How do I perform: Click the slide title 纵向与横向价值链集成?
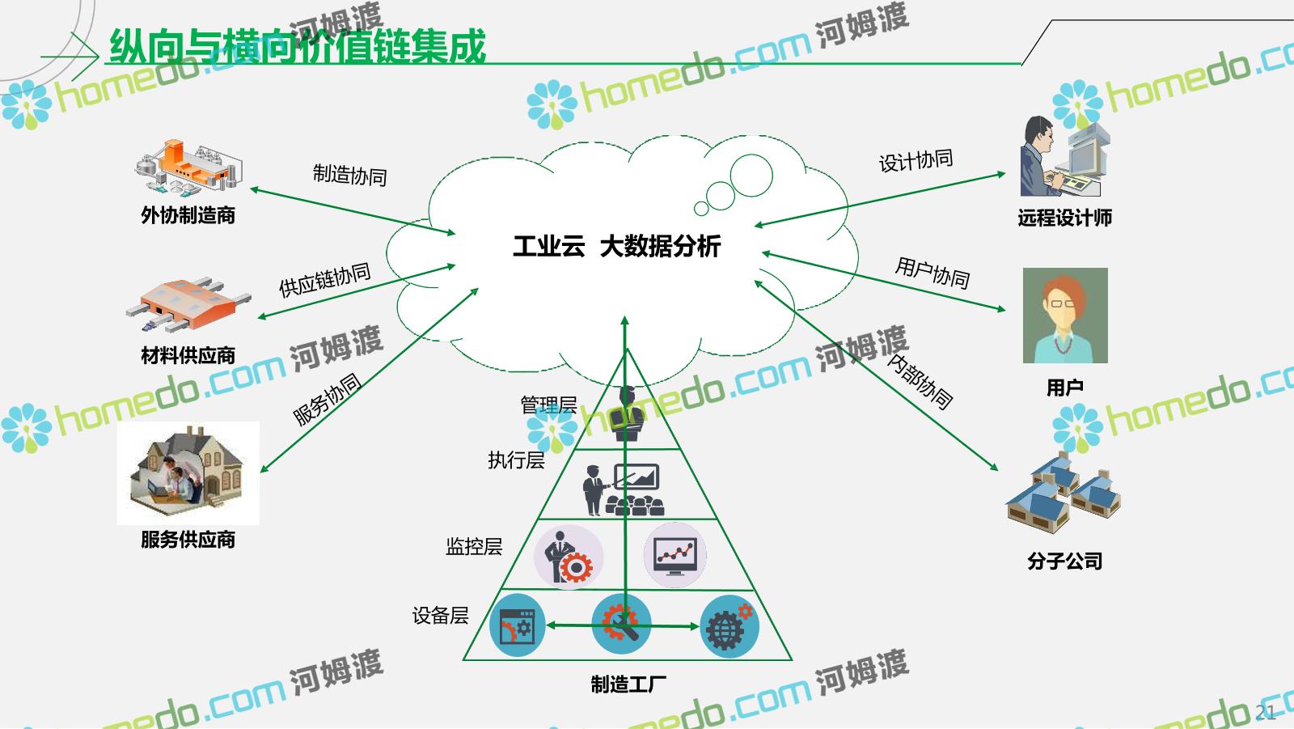(x=298, y=46)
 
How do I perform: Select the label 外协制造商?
(x=188, y=215)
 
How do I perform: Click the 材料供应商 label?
(x=188, y=355)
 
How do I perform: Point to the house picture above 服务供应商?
(x=188, y=473)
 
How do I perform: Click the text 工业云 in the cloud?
(x=549, y=246)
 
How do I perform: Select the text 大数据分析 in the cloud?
(x=660, y=246)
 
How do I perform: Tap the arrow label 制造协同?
(x=349, y=175)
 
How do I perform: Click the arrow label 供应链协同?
(x=324, y=280)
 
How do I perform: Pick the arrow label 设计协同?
(x=916, y=160)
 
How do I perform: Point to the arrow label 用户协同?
(x=932, y=273)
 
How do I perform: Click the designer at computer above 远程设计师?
(x=1064, y=156)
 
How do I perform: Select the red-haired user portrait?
(x=1065, y=315)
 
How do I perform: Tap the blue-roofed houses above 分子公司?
(x=1064, y=493)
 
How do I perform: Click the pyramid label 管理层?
(x=548, y=405)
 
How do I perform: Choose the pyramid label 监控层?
(x=474, y=546)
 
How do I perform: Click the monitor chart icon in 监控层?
(x=674, y=555)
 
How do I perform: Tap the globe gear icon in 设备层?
(x=729, y=626)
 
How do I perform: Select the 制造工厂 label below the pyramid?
(x=628, y=684)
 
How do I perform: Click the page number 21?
(x=1265, y=712)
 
